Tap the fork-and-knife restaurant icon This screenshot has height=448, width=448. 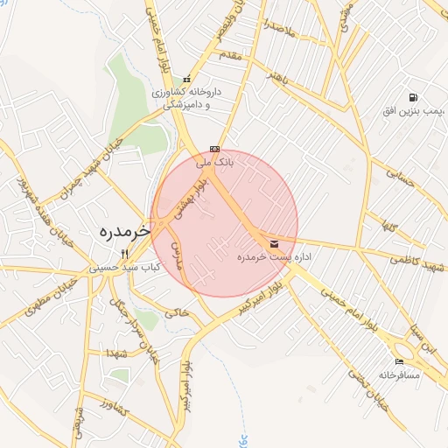click(123, 254)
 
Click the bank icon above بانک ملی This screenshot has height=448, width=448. click(214, 149)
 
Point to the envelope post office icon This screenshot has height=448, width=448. click(275, 243)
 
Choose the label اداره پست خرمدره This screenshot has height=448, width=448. click(275, 258)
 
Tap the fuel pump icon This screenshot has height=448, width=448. click(412, 97)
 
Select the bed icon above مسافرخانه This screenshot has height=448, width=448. click(400, 361)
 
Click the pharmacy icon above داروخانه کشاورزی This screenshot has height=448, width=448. click(185, 80)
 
